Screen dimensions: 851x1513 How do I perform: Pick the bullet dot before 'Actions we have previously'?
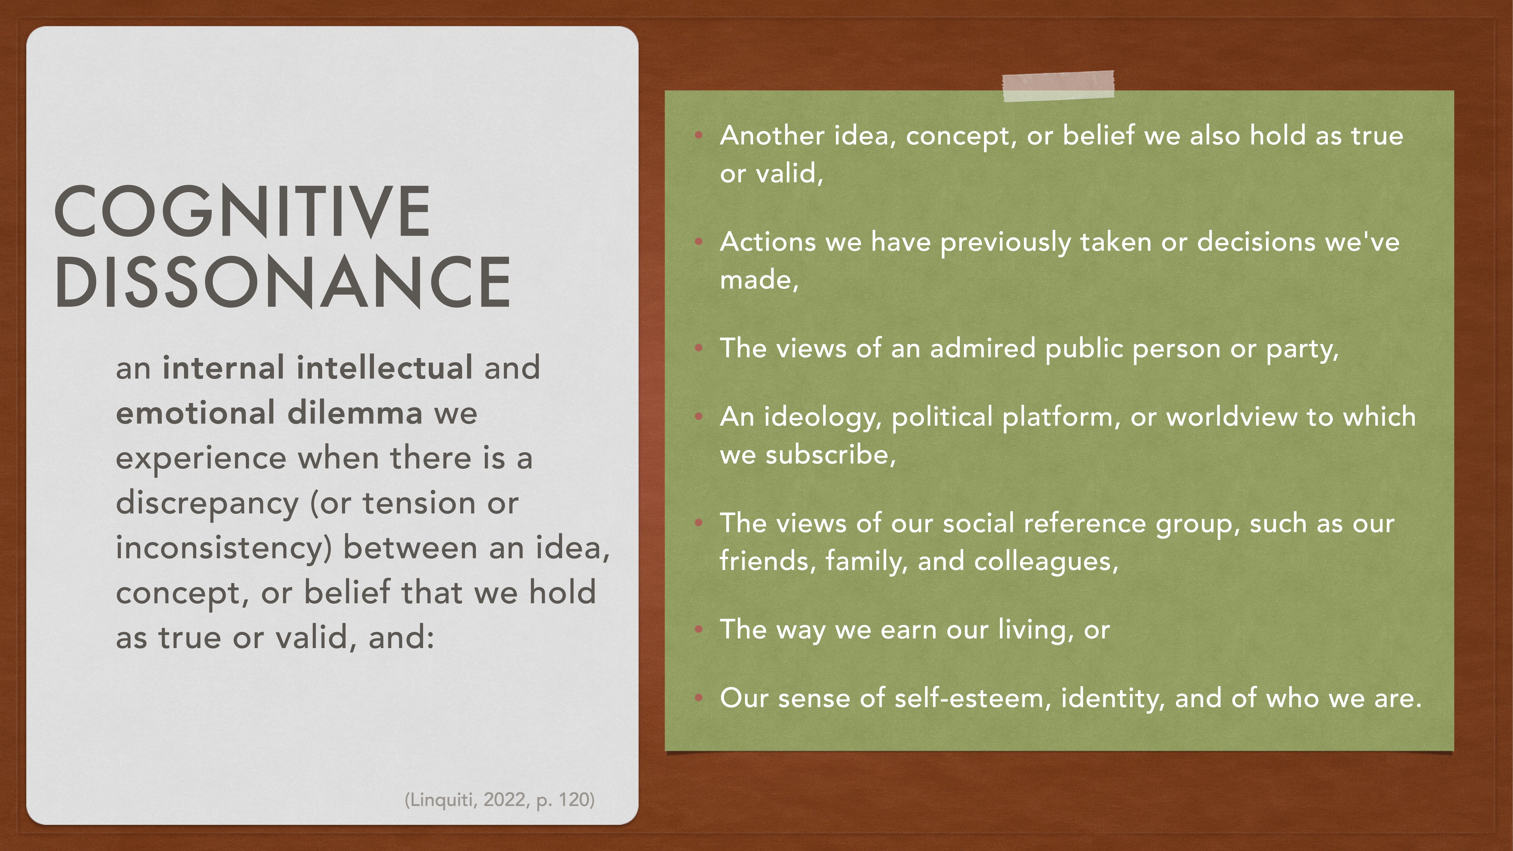pyautogui.click(x=698, y=241)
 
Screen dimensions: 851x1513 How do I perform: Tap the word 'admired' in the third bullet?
pyautogui.click(x=983, y=348)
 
